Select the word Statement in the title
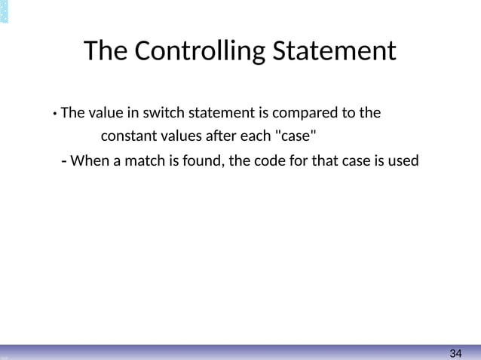pyautogui.click(x=333, y=51)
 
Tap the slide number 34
pyautogui.click(x=455, y=353)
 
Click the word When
pyautogui.click(x=90, y=160)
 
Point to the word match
pyautogui.click(x=151, y=160)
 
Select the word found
pyautogui.click(x=199, y=160)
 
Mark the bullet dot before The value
pyautogui.click(x=55, y=115)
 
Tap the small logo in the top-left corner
pyautogui.click(x=5, y=11)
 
